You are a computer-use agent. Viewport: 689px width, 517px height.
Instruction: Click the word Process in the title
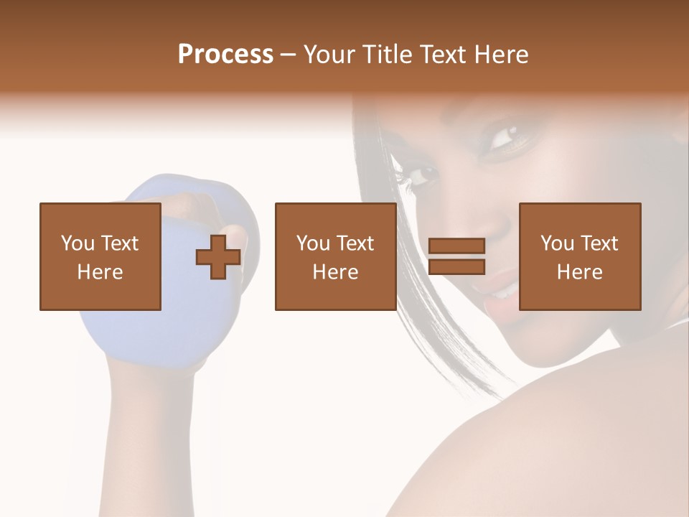(225, 55)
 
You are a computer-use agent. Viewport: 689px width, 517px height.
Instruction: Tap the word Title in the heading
(388, 55)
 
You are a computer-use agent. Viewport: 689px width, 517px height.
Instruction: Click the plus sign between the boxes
(218, 257)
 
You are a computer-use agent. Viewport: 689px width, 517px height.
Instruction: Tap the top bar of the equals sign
(456, 246)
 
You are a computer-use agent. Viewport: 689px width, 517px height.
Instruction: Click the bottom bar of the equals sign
(456, 267)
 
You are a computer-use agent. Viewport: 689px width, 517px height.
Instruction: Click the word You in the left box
(78, 243)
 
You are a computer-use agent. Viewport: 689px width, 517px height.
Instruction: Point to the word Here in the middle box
(335, 272)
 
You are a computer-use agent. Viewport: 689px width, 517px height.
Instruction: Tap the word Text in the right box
(599, 243)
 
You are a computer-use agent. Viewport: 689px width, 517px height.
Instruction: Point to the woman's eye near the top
(504, 135)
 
